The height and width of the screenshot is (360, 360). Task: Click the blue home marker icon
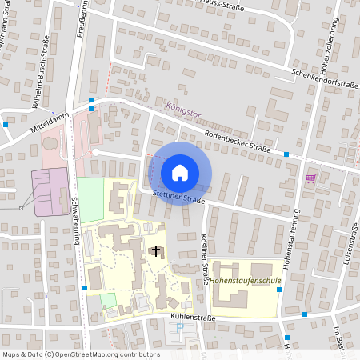click(x=180, y=172)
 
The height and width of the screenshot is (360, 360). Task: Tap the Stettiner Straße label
click(x=176, y=195)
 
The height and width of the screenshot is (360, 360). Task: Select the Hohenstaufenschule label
click(x=246, y=282)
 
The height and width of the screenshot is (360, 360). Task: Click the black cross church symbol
click(x=155, y=251)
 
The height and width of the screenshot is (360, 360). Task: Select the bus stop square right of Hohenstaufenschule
click(x=278, y=290)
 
